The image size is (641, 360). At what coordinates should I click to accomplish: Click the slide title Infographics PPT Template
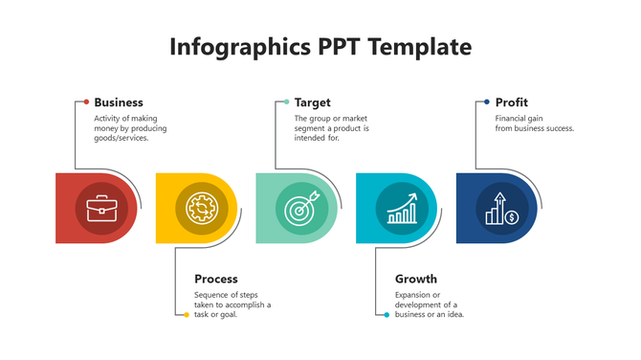point(320,46)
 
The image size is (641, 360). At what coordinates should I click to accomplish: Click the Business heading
point(119,102)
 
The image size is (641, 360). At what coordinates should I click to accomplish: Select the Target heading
point(313,102)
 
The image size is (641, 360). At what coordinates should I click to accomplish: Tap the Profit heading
point(512,102)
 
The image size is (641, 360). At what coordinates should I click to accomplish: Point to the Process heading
point(216,279)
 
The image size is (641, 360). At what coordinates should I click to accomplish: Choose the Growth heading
point(416,279)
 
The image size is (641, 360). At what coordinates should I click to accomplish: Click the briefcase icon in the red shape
point(101,208)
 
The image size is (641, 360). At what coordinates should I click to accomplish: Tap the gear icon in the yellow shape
point(201,208)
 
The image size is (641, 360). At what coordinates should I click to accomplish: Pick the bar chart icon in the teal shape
point(402,208)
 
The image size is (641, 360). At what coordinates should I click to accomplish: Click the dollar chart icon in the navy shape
point(502,208)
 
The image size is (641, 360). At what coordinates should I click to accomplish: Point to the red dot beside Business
point(86,101)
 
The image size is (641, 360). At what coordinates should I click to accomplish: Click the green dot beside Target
point(286,101)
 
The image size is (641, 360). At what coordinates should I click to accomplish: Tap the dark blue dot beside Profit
point(486,101)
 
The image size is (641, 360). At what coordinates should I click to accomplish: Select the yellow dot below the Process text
point(187,314)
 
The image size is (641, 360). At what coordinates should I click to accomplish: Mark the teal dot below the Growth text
point(387,314)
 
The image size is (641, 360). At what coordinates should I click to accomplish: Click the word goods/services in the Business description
point(122,138)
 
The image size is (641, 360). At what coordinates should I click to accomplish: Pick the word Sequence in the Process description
point(212,295)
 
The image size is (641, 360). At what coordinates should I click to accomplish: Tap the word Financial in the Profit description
point(512,119)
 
